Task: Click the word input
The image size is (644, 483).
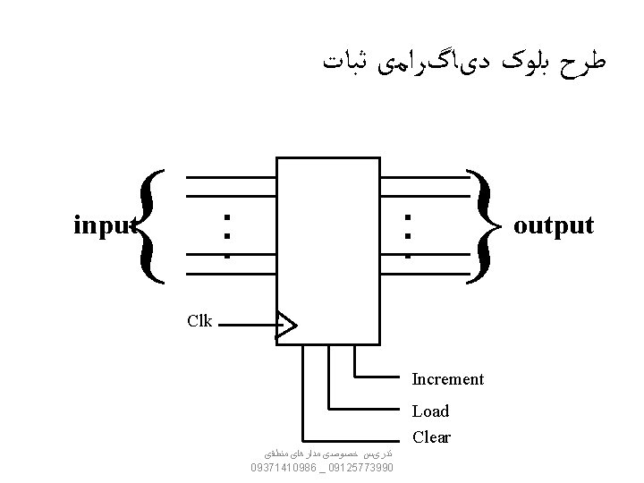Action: (x=104, y=225)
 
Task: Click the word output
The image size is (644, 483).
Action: (x=553, y=225)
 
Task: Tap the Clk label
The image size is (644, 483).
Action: (x=199, y=321)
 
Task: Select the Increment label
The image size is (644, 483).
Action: (x=447, y=379)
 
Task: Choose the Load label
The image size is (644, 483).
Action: (x=430, y=411)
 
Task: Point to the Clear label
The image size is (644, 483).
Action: (x=431, y=438)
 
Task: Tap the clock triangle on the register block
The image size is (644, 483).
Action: (x=284, y=326)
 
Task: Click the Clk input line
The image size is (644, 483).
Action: (x=246, y=326)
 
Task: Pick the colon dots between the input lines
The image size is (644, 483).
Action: (x=228, y=234)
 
